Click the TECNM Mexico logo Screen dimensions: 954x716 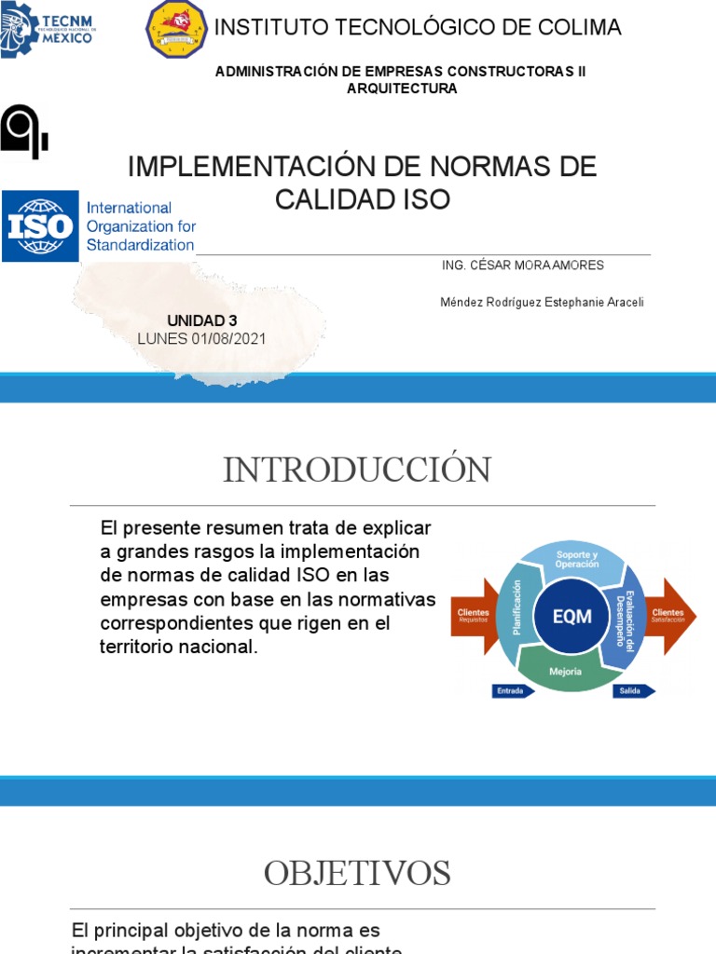click(48, 29)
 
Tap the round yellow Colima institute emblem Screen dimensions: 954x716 click(176, 29)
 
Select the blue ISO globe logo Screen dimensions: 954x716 click(40, 226)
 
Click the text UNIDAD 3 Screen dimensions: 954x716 click(201, 320)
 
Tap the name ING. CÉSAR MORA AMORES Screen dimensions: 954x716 click(522, 266)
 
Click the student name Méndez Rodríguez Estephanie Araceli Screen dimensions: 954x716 click(541, 303)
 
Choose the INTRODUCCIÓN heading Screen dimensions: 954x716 click(357, 470)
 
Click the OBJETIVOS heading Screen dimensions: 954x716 click(357, 873)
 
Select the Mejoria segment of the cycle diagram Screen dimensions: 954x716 click(566, 670)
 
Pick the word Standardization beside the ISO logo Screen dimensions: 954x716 click(140, 245)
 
